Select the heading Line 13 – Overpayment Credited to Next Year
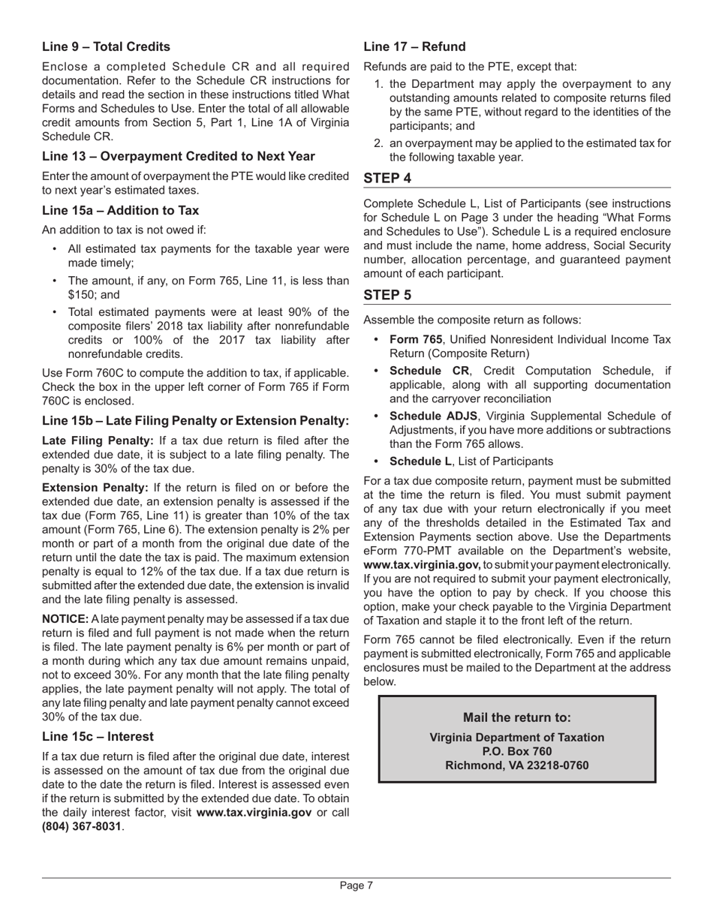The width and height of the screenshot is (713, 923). point(178,156)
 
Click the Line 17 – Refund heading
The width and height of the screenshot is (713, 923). point(414,47)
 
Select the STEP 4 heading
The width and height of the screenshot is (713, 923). point(387,178)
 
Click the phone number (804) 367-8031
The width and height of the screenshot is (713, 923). point(81,826)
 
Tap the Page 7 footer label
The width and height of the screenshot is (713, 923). point(356,885)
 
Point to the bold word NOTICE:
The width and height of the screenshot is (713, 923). point(65,619)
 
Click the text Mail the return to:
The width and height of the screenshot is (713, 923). point(516,717)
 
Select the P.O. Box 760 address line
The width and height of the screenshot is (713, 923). point(516,751)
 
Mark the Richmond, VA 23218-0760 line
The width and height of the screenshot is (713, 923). point(516,765)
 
